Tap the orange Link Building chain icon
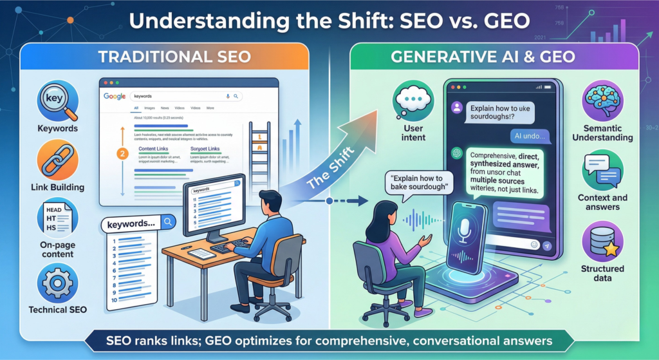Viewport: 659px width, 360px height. click(57, 159)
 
